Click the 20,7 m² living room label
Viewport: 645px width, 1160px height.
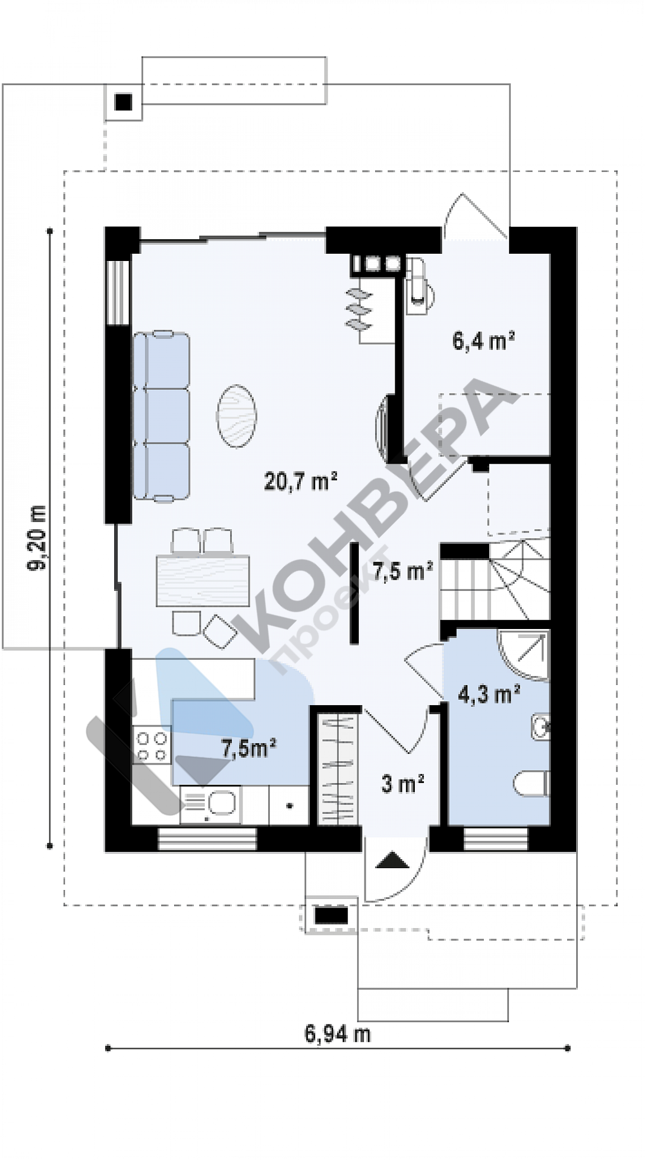pyautogui.click(x=300, y=480)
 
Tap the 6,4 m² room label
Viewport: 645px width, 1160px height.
pyautogui.click(x=483, y=340)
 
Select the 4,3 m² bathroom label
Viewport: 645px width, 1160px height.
pyautogui.click(x=489, y=695)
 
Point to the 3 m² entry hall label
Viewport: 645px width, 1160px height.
pyautogui.click(x=402, y=784)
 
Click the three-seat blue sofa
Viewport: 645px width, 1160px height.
pyautogui.click(x=161, y=415)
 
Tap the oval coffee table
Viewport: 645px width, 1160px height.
pyautogui.click(x=236, y=416)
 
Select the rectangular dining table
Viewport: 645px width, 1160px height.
pyautogui.click(x=202, y=580)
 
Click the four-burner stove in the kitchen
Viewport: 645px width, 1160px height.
pyautogui.click(x=152, y=746)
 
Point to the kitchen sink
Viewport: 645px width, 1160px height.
pyautogui.click(x=211, y=804)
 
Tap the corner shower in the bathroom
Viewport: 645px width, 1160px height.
pyautogui.click(x=523, y=656)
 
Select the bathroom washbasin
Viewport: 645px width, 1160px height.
pyautogui.click(x=540, y=728)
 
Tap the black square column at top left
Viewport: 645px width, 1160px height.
pyautogui.click(x=123, y=102)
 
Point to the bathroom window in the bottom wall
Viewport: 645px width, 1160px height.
pyautogui.click(x=496, y=838)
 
